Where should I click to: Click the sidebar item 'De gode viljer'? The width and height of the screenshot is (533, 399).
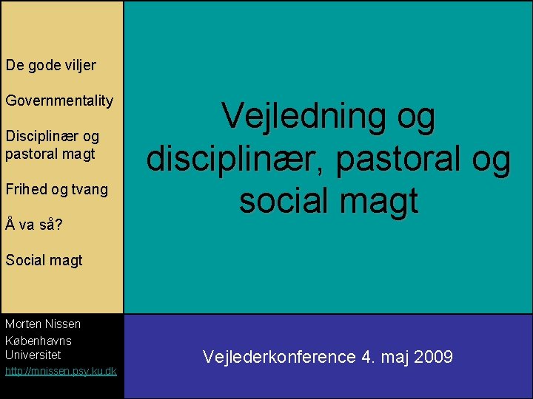pyautogui.click(x=50, y=65)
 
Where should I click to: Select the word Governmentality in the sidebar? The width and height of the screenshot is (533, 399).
pyautogui.click(x=59, y=100)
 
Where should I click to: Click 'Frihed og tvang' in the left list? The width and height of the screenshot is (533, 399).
pyautogui.click(x=56, y=189)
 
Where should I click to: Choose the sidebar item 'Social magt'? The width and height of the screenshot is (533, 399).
pyautogui.click(x=44, y=260)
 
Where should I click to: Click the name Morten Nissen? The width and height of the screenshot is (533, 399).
pyautogui.click(x=43, y=324)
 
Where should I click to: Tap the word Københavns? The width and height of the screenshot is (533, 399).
pyautogui.click(x=38, y=340)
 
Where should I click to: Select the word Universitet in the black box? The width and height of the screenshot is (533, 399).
pyautogui.click(x=33, y=355)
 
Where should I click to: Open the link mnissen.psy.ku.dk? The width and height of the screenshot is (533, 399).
pyautogui.click(x=61, y=371)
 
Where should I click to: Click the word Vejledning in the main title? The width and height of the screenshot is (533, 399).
pyautogui.click(x=300, y=119)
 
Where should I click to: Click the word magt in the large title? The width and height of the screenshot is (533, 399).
pyautogui.click(x=385, y=202)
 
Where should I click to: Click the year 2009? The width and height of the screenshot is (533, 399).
pyautogui.click(x=434, y=358)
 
